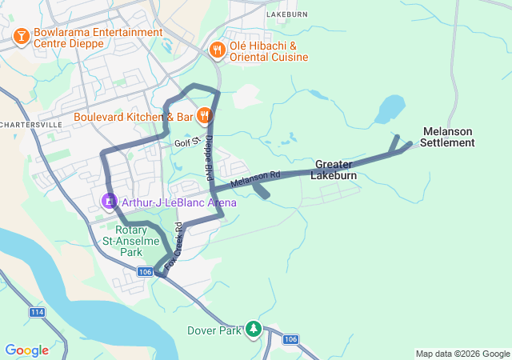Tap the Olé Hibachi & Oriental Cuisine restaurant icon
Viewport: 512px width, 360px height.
[217, 50]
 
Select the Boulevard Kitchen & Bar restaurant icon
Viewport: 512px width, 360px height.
[205, 116]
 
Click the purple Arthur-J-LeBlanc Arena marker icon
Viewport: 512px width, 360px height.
[108, 202]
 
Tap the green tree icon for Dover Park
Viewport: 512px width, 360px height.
[254, 329]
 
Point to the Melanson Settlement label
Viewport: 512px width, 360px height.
[448, 137]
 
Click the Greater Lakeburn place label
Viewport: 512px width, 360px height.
[334, 169]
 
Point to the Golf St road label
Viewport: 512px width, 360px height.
[186, 143]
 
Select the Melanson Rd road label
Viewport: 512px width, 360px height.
[256, 180]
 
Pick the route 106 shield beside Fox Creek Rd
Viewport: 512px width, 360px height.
[145, 272]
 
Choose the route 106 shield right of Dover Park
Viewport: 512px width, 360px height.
[290, 339]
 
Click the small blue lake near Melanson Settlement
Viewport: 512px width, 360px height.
[390, 108]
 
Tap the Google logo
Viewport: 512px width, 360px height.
[26, 350]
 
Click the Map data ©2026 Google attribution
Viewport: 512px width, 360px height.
[462, 354]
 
